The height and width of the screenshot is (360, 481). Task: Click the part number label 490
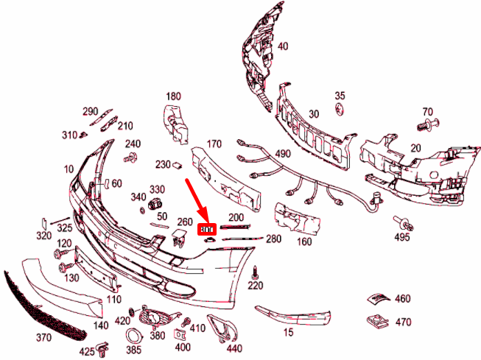click(283, 154)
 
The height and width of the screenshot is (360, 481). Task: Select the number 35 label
click(340, 96)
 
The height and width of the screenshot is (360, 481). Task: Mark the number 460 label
click(403, 299)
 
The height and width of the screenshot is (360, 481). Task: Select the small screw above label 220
click(255, 270)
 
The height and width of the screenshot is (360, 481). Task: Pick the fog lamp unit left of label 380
click(156, 319)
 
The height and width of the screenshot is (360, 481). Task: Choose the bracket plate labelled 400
click(180, 334)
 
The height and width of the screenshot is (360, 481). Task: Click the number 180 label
click(173, 96)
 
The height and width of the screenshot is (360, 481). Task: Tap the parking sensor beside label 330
click(155, 203)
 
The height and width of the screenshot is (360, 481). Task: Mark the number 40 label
click(283, 46)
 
